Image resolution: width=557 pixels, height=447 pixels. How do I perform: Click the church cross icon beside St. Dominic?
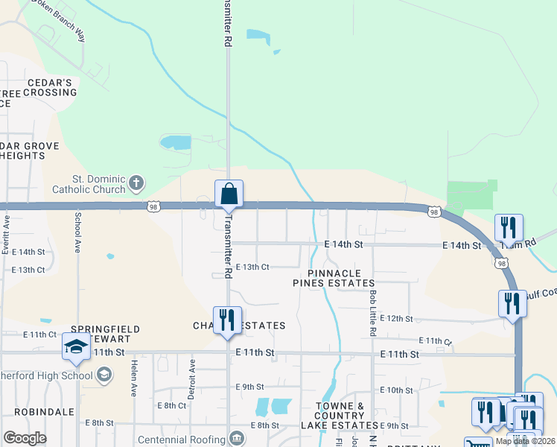136,182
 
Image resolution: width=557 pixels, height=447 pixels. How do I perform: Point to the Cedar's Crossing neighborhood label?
50,87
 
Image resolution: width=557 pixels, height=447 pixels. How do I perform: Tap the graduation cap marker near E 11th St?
76,347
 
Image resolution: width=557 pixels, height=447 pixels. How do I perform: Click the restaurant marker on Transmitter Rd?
227,320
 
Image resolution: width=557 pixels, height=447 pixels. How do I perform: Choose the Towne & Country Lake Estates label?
339,416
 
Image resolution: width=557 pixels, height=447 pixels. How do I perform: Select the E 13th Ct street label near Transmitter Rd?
252,267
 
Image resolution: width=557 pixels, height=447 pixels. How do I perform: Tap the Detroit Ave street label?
191,379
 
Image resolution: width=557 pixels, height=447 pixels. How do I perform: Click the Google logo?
25,438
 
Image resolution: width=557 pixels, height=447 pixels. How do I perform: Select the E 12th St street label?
396,318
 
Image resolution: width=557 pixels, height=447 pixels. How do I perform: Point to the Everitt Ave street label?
6,235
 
